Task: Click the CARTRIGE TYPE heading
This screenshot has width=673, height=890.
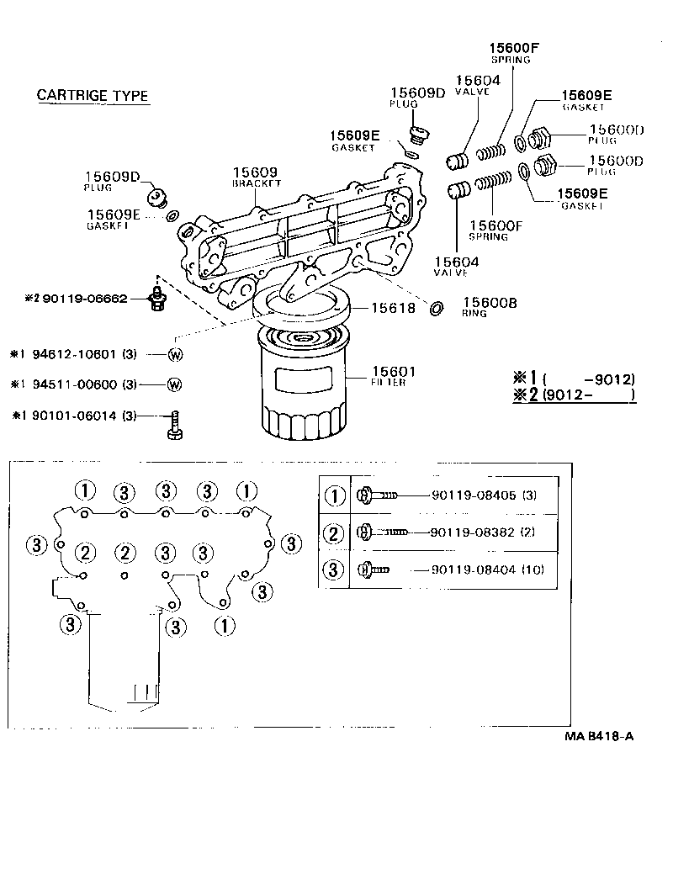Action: coord(93,95)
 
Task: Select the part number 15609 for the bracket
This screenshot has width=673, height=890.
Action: coord(255,171)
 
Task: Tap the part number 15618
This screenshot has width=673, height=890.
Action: coord(392,309)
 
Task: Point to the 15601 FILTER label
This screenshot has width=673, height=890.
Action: coord(393,375)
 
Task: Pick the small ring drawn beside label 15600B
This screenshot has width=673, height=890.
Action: coord(436,308)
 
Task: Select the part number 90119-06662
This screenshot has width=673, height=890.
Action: coord(87,298)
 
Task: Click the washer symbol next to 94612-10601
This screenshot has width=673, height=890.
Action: coord(175,354)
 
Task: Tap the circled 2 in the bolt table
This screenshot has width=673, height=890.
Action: coord(335,533)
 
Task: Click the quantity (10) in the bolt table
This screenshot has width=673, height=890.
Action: coord(533,569)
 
